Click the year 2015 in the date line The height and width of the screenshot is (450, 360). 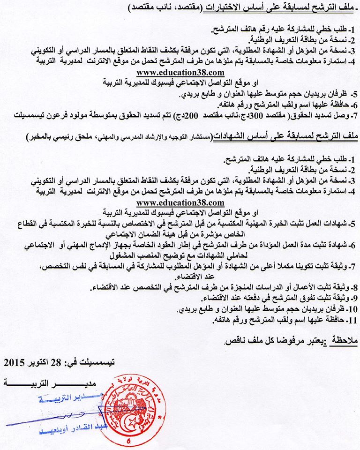(15, 362)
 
